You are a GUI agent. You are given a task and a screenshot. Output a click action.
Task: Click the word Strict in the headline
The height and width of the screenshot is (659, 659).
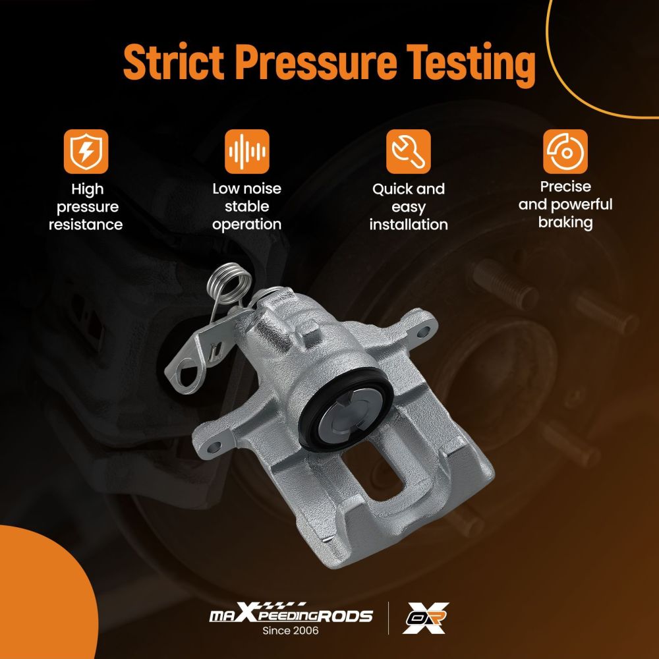click(x=173, y=61)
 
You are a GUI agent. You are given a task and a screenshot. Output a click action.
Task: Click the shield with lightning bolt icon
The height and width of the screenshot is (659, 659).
click(x=86, y=152)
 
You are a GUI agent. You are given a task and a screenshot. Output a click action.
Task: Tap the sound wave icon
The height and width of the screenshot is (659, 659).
click(x=246, y=152)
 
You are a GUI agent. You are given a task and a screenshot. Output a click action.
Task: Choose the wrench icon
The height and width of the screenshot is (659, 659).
click(x=408, y=152)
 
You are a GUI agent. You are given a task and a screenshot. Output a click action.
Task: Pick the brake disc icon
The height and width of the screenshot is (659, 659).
click(x=565, y=152)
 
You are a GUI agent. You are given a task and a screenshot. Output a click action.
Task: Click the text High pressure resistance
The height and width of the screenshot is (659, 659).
click(x=86, y=207)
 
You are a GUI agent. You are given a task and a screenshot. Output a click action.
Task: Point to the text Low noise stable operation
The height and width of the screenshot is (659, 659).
click(x=246, y=206)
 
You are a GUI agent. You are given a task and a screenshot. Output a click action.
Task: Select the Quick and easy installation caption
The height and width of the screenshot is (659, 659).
click(x=409, y=207)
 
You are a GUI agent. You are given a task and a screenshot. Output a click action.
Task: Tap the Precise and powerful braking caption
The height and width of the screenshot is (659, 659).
click(x=565, y=205)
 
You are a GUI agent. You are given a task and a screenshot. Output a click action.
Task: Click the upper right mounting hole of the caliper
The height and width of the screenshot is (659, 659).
click(x=424, y=331)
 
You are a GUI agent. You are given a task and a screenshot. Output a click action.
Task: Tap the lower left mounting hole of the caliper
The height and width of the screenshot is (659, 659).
click(x=214, y=446)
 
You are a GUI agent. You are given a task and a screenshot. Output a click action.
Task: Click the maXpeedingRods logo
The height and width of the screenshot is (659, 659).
click(x=291, y=614)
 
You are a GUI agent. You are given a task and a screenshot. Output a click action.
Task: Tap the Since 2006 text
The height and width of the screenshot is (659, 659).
click(x=291, y=631)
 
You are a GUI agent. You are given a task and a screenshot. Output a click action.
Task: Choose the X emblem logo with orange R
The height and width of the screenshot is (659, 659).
click(x=425, y=617)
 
